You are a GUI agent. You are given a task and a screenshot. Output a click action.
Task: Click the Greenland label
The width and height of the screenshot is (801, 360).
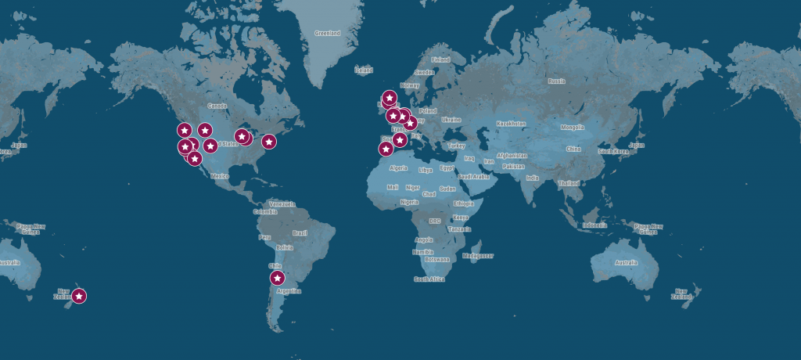tap(328, 34)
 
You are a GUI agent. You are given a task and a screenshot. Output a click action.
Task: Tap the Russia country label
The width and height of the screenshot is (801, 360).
tap(556, 81)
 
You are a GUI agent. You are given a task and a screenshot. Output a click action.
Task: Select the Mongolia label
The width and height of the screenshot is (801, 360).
tap(572, 127)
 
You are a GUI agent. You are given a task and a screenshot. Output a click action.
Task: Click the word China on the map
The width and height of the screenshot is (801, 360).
tap(574, 148)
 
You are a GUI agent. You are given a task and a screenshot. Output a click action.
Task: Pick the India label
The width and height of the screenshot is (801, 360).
tap(533, 177)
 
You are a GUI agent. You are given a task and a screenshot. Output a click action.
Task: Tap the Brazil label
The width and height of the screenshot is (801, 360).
tap(299, 233)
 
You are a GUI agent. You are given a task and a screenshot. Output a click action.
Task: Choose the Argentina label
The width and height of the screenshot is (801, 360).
tap(289, 290)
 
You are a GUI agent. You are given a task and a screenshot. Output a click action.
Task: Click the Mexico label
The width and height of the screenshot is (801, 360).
tap(218, 176)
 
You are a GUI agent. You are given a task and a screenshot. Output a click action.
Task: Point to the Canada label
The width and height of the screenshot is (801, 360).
tap(217, 106)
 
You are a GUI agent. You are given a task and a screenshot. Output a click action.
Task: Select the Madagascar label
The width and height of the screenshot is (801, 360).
tap(478, 255)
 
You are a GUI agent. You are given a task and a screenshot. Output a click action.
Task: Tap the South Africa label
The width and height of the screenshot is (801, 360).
tap(429, 279)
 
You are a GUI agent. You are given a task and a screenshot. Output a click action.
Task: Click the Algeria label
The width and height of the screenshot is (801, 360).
tap(399, 167)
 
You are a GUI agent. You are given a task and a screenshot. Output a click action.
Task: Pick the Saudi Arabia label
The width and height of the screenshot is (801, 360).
tap(473, 176)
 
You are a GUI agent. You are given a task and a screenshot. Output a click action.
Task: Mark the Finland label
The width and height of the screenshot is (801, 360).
tap(441, 59)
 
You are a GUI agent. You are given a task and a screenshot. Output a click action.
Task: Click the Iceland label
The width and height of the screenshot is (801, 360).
tap(364, 70)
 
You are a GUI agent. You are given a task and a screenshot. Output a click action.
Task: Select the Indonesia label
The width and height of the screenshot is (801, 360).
tap(594, 225)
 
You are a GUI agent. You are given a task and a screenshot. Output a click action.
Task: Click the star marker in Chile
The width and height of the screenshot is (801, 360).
tap(277, 278)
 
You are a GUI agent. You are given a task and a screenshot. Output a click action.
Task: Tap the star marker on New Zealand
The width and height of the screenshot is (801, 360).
tap(79, 296)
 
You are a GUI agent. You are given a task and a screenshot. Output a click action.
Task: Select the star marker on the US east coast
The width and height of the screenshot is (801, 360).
tap(268, 142)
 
